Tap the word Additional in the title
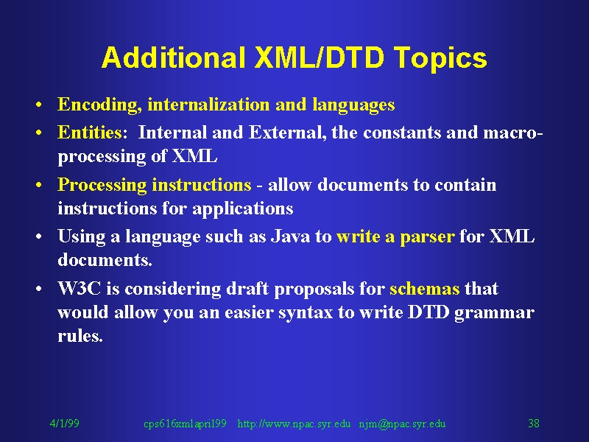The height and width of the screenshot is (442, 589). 173,57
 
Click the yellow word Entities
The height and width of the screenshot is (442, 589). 90,133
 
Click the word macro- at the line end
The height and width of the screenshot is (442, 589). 512,133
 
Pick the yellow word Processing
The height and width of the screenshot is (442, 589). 102,186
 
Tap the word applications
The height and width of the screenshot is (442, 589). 243,208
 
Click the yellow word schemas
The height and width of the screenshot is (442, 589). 425,289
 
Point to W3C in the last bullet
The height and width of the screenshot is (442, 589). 80,289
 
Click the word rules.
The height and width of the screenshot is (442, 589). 80,335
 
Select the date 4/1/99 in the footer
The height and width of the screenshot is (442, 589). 65,424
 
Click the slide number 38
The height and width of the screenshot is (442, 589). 534,424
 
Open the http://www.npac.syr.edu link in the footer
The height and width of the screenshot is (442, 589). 294,424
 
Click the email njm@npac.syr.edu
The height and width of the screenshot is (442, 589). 402,424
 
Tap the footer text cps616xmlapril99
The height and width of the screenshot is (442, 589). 186,424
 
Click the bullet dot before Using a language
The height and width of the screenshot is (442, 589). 39,237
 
